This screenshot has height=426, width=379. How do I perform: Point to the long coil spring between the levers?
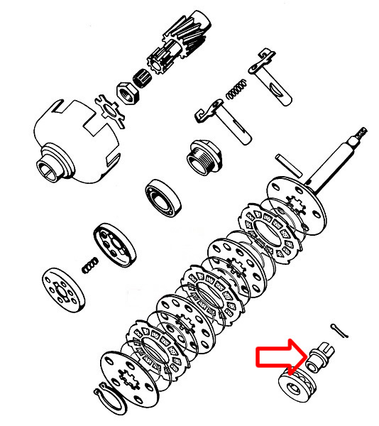click(236, 89)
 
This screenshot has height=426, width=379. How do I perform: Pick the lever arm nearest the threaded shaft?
click(271, 77)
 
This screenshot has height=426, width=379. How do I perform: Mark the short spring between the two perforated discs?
click(89, 266)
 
